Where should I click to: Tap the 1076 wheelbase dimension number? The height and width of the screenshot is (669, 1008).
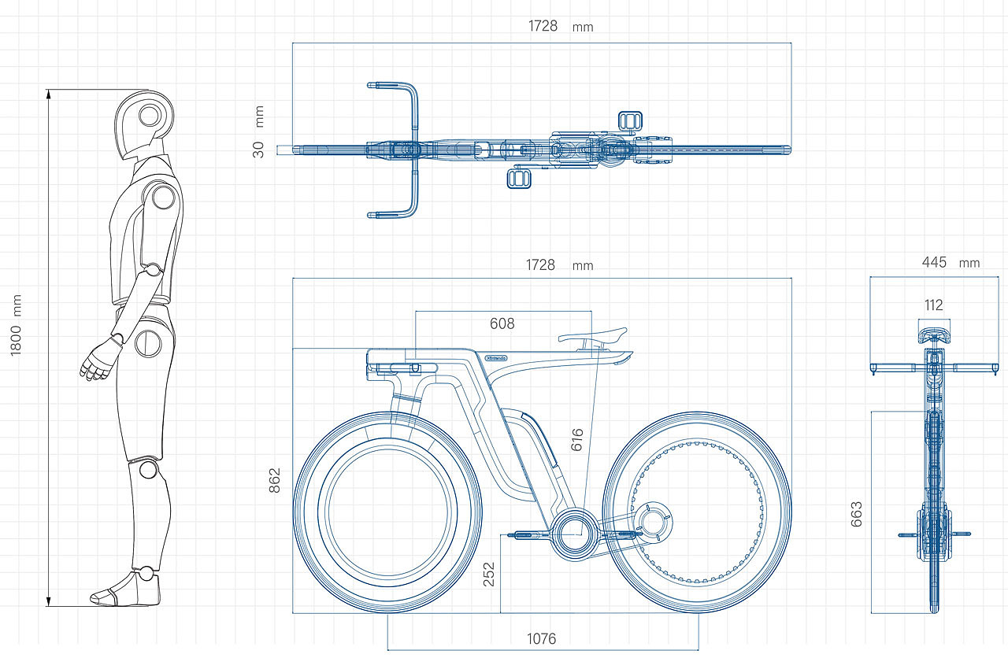click(x=542, y=638)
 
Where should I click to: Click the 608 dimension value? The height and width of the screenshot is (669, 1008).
click(x=502, y=323)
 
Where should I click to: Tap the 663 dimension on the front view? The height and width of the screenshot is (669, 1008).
click(x=857, y=513)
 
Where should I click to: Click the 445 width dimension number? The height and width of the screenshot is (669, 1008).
click(x=934, y=262)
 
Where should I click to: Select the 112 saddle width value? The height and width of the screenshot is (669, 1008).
click(x=933, y=305)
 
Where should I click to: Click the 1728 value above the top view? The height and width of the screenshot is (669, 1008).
click(x=543, y=26)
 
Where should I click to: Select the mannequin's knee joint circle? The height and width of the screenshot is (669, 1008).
click(x=147, y=470)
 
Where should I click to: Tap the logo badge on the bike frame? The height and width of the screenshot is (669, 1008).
click(x=496, y=357)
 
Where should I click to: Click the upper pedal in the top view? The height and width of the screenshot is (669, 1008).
click(x=631, y=120)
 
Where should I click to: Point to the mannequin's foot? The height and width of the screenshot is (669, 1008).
click(x=126, y=590)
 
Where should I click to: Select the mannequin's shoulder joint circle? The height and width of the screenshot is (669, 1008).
click(x=163, y=197)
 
